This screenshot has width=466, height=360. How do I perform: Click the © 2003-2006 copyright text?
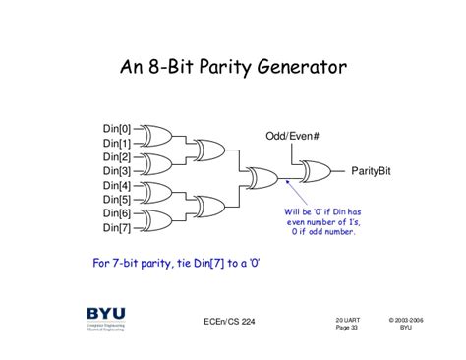(405, 320)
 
